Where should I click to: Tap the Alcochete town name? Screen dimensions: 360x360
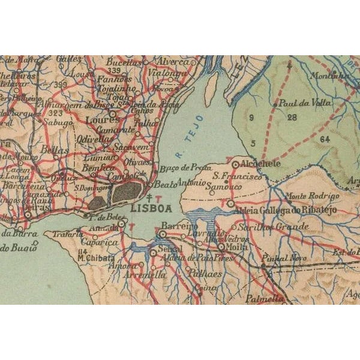259,163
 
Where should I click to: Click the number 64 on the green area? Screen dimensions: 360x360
325,139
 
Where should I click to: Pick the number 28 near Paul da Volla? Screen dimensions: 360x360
292,118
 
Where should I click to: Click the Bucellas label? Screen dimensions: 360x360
122,61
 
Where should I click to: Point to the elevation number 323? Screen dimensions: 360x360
56,113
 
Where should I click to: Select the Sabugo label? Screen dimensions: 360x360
60,122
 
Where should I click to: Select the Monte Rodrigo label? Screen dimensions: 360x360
312,196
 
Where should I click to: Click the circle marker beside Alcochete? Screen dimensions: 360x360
235,163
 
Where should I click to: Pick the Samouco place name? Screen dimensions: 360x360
220,187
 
